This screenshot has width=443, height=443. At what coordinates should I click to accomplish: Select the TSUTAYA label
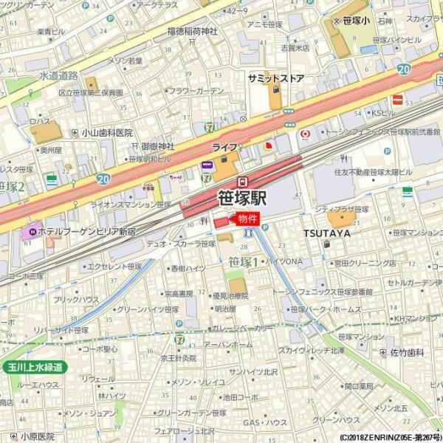(x=326, y=233)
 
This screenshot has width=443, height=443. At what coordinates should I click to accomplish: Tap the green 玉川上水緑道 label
(x=33, y=367)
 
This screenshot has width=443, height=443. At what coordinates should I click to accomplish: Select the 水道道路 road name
(x=58, y=75)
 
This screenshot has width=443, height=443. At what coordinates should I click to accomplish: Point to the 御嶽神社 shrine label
(x=157, y=146)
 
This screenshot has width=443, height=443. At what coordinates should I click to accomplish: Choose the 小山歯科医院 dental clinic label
(x=107, y=133)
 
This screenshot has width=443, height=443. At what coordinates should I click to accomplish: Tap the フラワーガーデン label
(x=196, y=92)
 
